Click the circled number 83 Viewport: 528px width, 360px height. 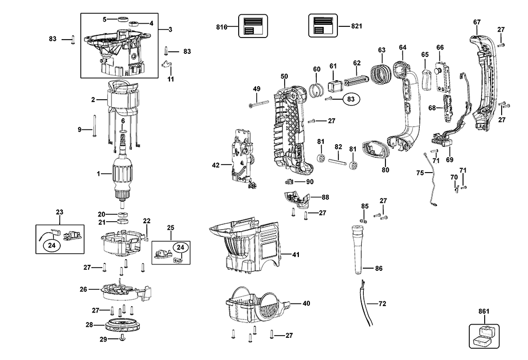(351, 99)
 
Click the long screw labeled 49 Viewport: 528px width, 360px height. (260, 105)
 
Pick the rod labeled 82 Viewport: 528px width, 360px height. (338, 159)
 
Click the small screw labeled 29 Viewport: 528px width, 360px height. (122, 338)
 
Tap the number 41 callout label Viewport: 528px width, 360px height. (295, 255)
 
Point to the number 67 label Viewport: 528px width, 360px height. (477, 22)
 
